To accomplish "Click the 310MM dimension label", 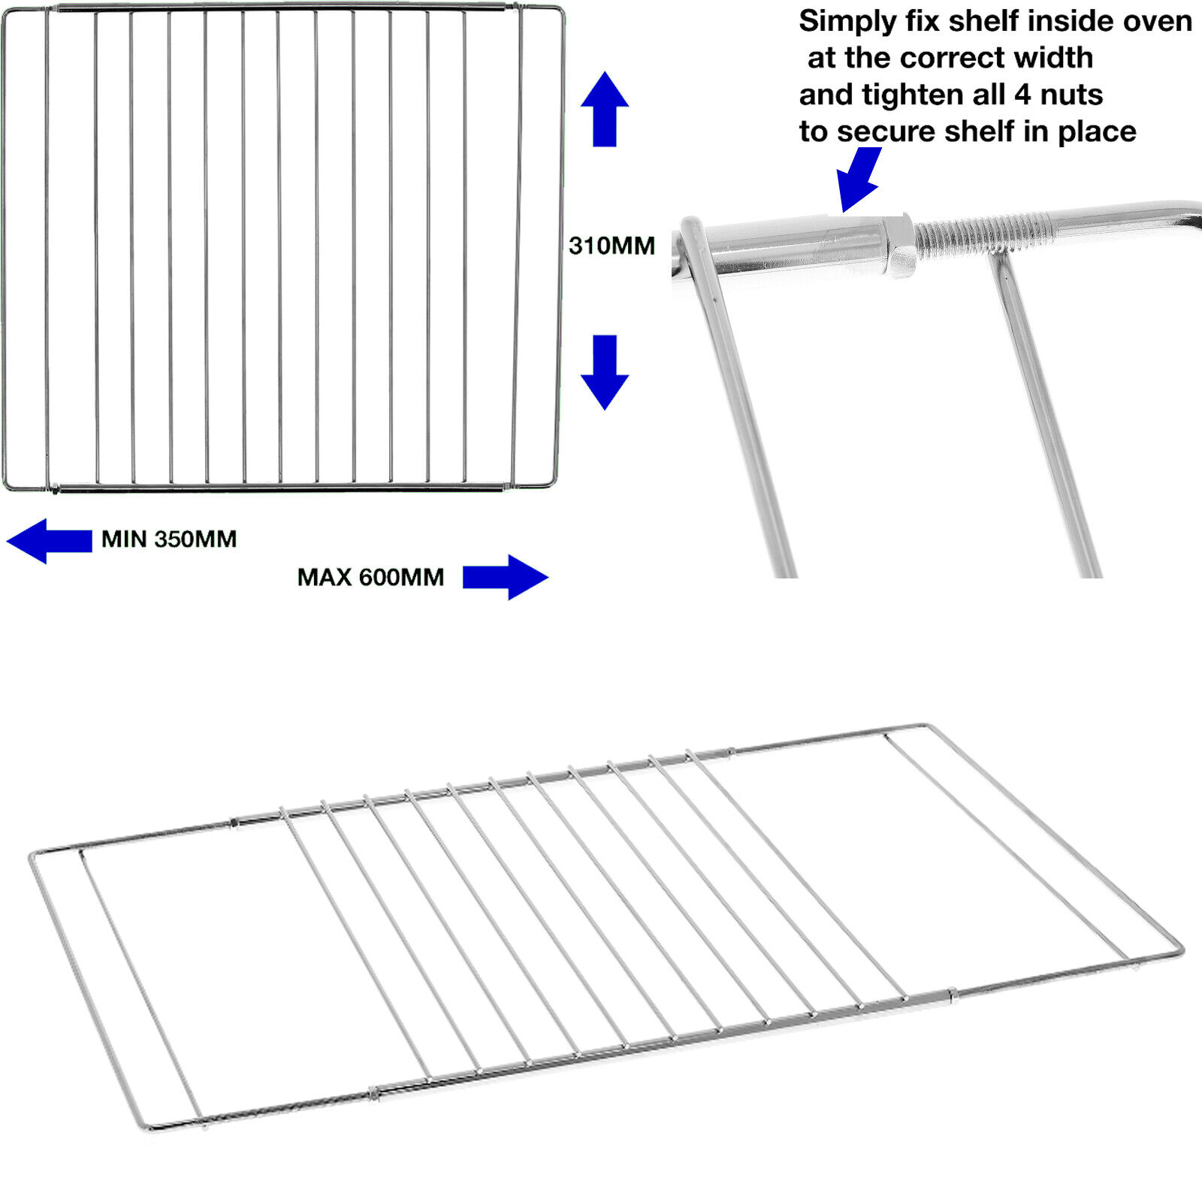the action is click(x=612, y=246).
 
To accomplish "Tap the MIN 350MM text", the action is click(x=169, y=539).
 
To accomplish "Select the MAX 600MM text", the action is click(x=370, y=577).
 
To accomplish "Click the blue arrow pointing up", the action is click(x=605, y=109).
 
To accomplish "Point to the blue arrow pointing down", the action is click(x=605, y=372).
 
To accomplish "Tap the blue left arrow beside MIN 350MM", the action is click(x=50, y=541).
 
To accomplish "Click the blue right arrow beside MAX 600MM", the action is click(x=506, y=577).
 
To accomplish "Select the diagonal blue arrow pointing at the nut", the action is click(x=859, y=179).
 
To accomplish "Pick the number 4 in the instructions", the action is click(x=1022, y=95).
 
